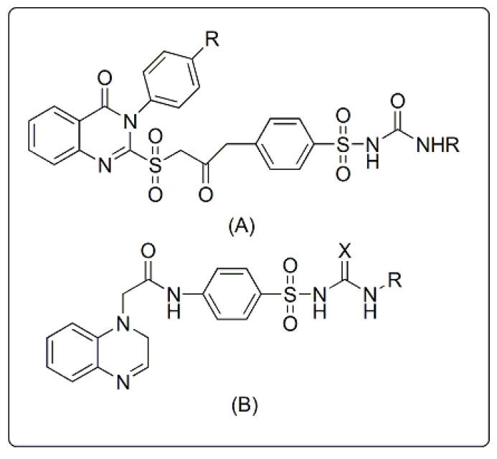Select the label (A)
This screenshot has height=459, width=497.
pyautogui.click(x=241, y=227)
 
